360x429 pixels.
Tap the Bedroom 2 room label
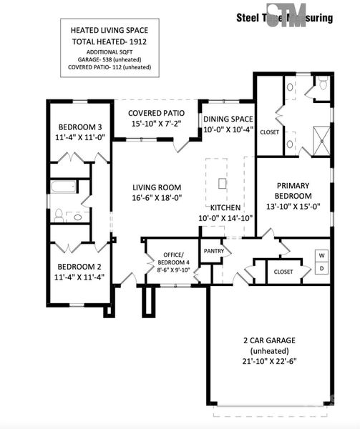[x=78, y=265]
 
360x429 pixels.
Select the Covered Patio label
[x=156, y=114]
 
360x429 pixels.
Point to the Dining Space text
[x=228, y=119]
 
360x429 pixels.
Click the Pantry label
[x=214, y=251]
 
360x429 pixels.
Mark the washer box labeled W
[x=321, y=255]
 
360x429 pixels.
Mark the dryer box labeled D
[x=321, y=269]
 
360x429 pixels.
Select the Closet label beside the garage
[x=284, y=272]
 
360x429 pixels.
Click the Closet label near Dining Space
[x=270, y=132]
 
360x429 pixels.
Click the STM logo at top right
[x=287, y=16]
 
